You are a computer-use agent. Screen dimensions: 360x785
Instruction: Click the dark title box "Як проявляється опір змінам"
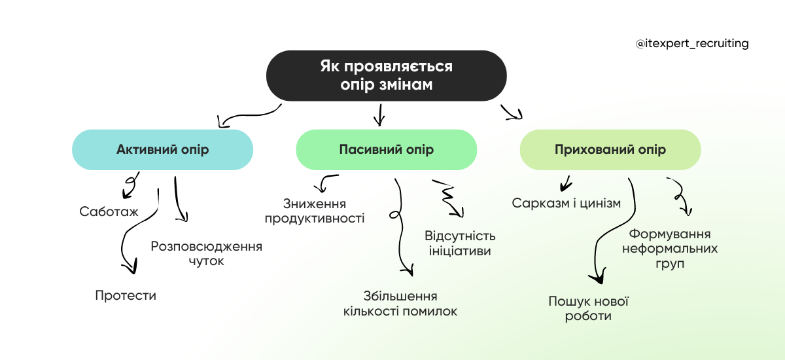pos(386,75)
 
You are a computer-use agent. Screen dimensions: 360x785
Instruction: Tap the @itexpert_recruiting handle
pos(692,44)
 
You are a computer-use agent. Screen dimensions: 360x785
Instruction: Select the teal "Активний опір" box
pos(162,150)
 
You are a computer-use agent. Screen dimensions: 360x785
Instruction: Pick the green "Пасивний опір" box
pos(386,150)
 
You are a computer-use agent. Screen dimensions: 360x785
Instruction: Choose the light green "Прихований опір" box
pos(610,150)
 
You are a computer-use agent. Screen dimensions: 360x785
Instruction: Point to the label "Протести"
pos(126,295)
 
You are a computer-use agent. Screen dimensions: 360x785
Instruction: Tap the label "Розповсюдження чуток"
pos(206,253)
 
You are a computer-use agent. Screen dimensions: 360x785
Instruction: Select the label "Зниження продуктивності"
pos(315,211)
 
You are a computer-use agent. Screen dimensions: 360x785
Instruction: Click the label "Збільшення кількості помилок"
pos(400,304)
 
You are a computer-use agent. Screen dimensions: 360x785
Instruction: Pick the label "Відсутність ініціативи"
pos(460,243)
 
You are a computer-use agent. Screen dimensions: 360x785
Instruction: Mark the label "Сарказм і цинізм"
pos(566,203)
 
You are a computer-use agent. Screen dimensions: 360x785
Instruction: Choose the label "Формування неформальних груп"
pos(670,249)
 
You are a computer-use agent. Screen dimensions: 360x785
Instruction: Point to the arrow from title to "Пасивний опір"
pos(378,115)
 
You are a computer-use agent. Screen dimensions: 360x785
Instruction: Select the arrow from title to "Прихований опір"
pos(512,113)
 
